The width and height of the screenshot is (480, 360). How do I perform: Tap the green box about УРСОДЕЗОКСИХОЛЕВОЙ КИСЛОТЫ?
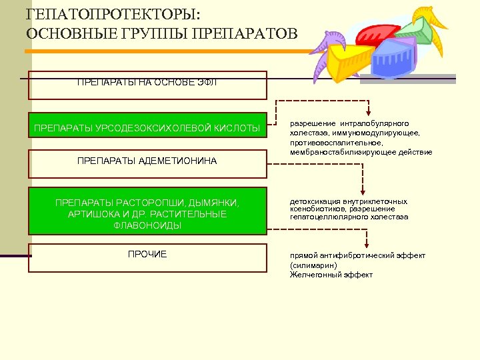tap(147, 127)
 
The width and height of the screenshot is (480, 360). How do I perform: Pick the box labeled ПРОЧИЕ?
tap(147, 257)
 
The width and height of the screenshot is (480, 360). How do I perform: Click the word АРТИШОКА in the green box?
tap(90, 214)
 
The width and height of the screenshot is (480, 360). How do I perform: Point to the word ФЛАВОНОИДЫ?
tap(147, 225)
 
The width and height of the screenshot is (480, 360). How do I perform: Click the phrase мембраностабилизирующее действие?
tap(361, 152)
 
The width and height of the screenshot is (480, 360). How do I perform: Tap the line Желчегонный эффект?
tap(331, 275)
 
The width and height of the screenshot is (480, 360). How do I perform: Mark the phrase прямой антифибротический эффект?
tap(358, 256)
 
